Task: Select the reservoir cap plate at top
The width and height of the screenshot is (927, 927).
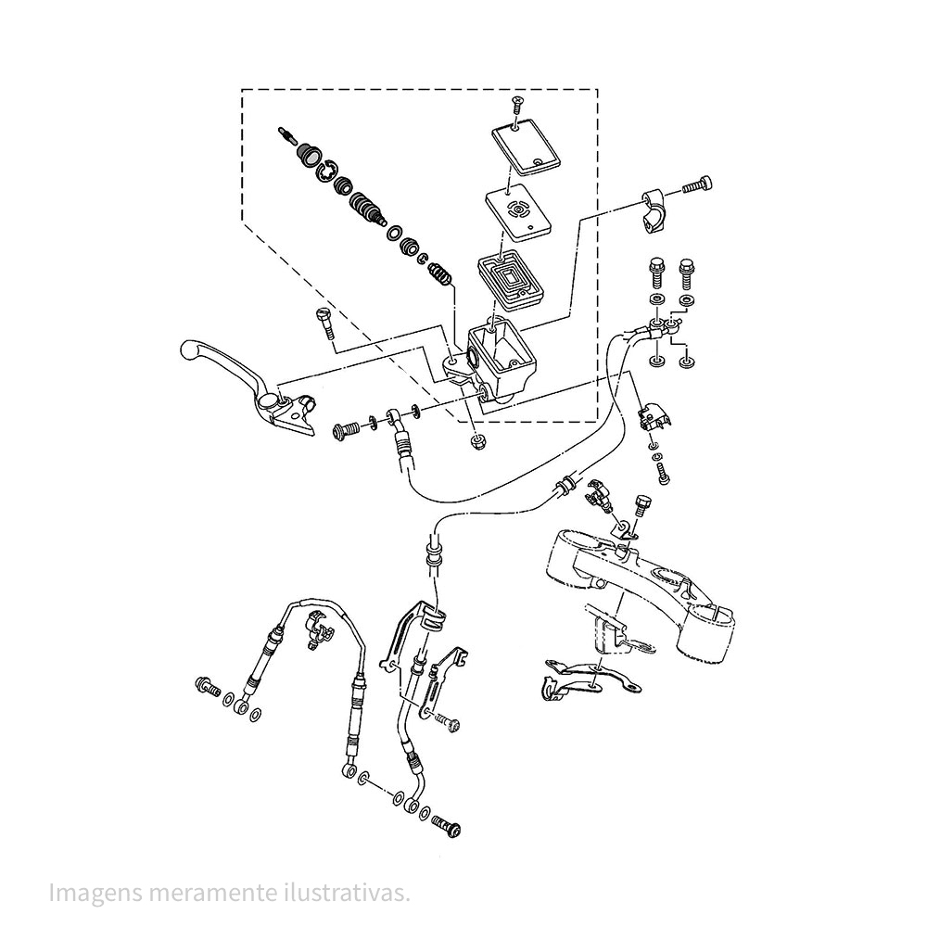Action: [527, 149]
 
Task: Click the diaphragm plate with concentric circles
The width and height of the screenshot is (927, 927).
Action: [518, 212]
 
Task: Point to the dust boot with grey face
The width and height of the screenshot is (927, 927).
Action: [309, 155]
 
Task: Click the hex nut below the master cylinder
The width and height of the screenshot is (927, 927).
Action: [476, 441]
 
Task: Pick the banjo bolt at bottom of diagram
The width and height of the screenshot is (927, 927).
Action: [447, 825]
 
